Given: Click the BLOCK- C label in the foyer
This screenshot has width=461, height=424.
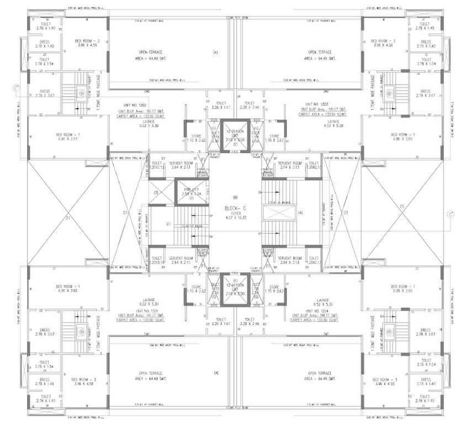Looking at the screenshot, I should click(230, 208).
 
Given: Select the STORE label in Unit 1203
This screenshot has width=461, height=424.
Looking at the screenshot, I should click(274, 136).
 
